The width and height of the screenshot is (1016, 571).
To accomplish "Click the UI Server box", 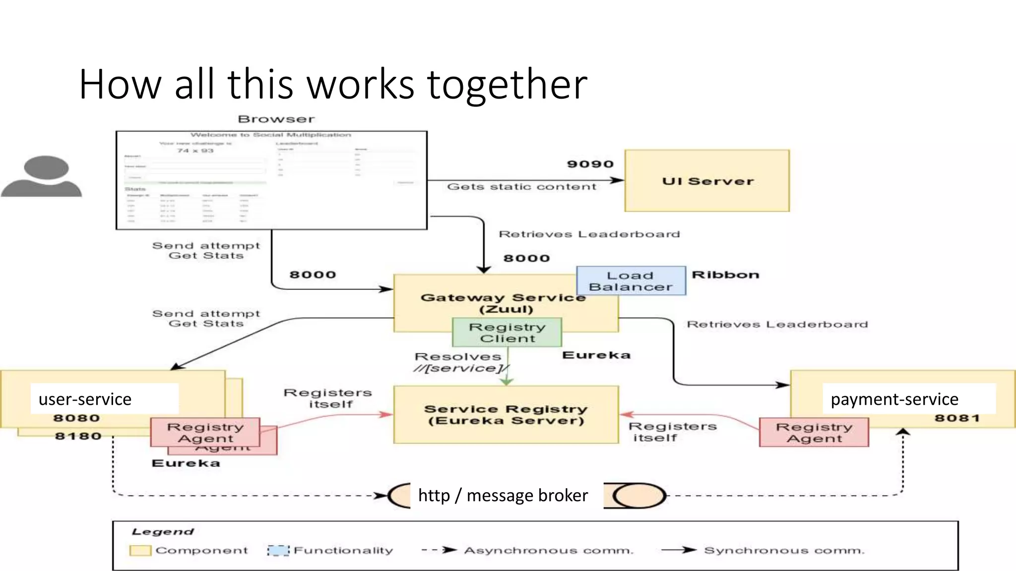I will point(707,181).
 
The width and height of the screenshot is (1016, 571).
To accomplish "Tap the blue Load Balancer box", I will point(631,281).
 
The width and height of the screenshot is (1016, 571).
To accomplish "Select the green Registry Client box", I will point(507,333).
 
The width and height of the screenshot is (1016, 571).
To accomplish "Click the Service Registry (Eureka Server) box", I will point(506,415).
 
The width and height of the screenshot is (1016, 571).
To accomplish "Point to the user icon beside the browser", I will point(42,176).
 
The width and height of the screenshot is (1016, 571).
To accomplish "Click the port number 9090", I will point(590,164).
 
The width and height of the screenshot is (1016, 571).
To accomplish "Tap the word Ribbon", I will point(725,275).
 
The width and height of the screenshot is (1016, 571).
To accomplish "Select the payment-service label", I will point(894,399).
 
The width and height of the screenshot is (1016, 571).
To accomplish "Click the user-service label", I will point(85,399).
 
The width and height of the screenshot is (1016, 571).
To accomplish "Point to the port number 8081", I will point(957,418).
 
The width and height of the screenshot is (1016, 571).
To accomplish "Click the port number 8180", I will point(78,436).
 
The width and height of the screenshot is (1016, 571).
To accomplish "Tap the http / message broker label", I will point(503,495).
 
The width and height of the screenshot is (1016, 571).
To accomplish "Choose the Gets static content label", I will point(521,187).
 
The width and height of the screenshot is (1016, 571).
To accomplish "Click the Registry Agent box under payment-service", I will point(814,433).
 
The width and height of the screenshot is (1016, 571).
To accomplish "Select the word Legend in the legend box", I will point(163,532).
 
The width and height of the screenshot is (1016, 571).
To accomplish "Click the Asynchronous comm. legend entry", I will point(549,551).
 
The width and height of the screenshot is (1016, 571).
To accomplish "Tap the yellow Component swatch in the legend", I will point(140,551).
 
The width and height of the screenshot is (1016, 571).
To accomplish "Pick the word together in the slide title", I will point(507,84).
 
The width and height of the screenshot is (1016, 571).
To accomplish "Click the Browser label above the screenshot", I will point(276,119).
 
